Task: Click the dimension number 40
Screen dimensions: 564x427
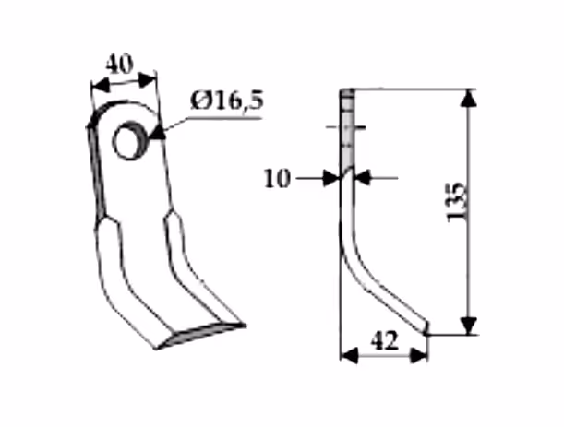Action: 119,65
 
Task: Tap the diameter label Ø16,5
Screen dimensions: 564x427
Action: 227,101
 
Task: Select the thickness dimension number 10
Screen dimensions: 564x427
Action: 277,179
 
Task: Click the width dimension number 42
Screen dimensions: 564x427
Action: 385,341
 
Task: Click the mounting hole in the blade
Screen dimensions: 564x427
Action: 129,140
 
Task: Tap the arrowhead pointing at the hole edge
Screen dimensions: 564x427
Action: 158,132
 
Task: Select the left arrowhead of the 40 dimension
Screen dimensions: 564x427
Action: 100,87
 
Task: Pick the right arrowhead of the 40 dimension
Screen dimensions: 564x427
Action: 147,80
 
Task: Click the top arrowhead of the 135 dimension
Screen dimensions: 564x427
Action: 468,98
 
